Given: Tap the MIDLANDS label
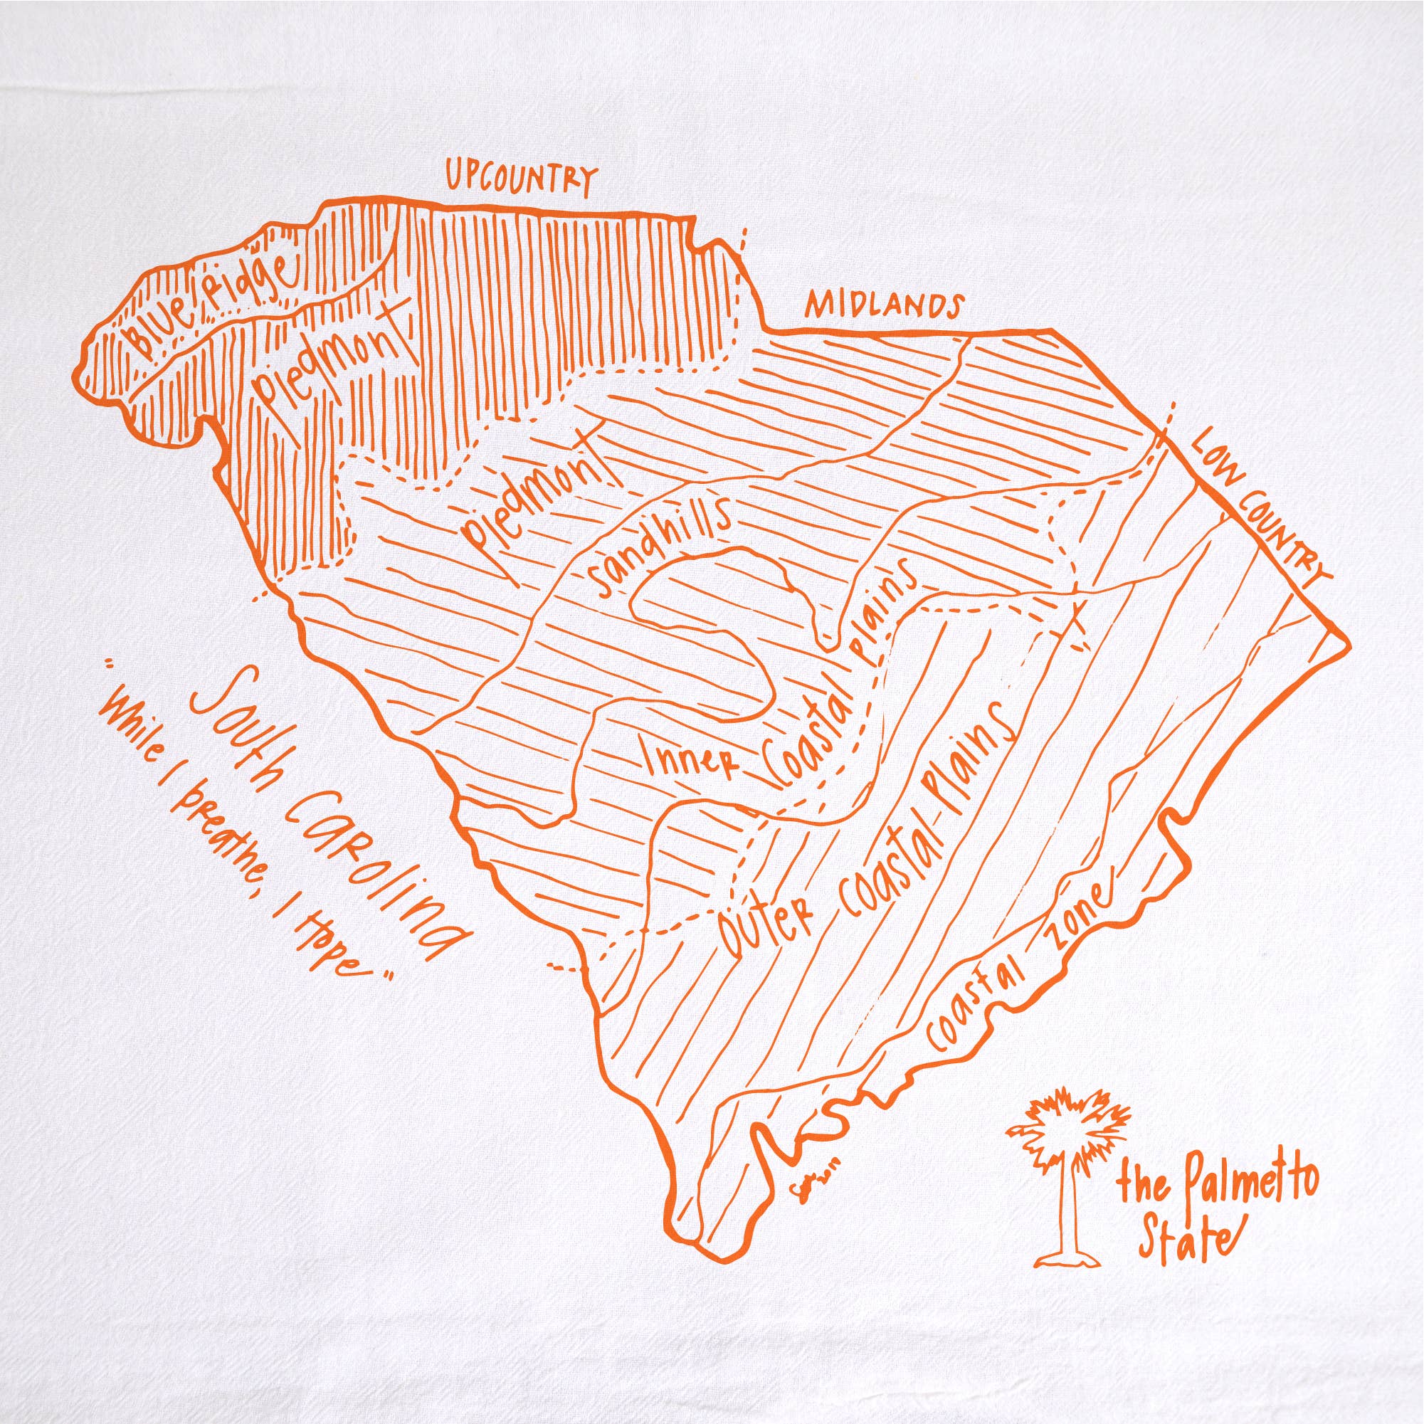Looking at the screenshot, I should point(884,305).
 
